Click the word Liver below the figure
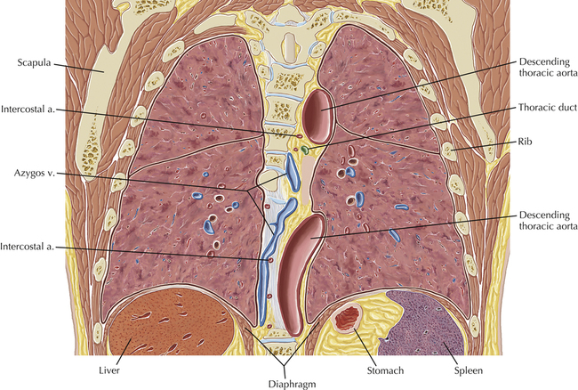pyautogui.click(x=121, y=366)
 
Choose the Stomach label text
pyautogui.click(x=357, y=366)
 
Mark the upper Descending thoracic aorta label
pyautogui.click(x=545, y=69)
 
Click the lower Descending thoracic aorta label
pyautogui.click(x=545, y=223)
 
